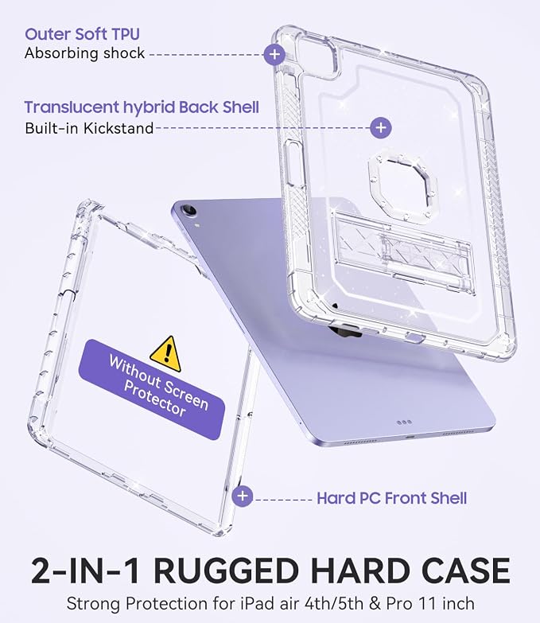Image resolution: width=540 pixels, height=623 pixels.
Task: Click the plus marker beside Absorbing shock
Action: [x=274, y=54]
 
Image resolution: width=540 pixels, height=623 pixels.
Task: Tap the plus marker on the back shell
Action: [x=381, y=127]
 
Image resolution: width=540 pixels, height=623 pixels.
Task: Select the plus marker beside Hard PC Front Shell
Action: [x=243, y=496]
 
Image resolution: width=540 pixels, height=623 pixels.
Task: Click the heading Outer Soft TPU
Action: [x=82, y=34]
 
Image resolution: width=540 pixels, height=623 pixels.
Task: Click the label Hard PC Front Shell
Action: [x=392, y=498]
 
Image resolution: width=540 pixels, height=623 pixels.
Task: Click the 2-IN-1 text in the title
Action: [x=86, y=571]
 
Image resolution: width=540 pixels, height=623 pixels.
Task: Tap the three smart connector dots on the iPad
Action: [x=404, y=422]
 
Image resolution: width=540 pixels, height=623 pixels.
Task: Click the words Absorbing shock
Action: [x=84, y=53]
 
